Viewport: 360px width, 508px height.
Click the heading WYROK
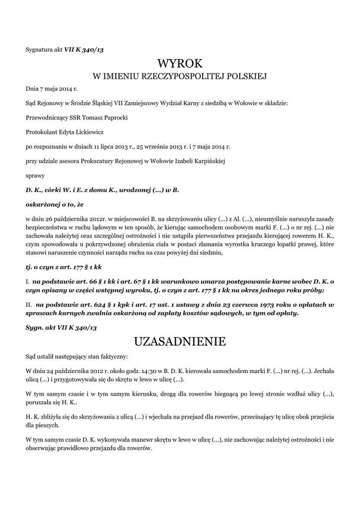coord(180,63)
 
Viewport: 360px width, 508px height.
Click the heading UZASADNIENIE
coord(180,341)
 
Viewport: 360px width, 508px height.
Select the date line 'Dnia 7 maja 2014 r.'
coord(52,89)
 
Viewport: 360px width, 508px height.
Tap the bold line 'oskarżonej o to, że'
coord(55,204)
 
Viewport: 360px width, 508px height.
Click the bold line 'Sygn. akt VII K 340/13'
coord(61,328)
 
